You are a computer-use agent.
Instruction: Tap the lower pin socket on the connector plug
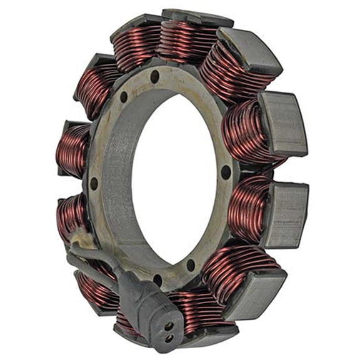point(169,337)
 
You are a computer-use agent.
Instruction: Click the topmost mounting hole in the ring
point(154,76)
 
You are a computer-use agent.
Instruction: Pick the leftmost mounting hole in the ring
point(94,184)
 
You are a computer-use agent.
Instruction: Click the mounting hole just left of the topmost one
point(124,97)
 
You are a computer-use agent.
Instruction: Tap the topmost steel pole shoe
point(197,17)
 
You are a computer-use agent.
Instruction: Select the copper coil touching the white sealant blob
point(72,216)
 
